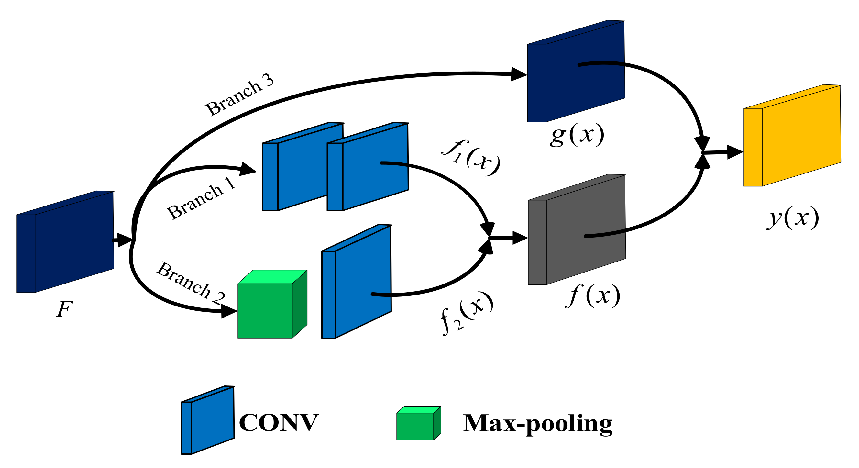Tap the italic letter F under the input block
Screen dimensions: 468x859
pyautogui.click(x=64, y=309)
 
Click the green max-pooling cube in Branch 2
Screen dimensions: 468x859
pyautogui.click(x=267, y=308)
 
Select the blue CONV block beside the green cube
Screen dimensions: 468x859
pyautogui.click(x=358, y=284)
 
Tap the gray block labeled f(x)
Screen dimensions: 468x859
pyautogui.click(x=580, y=233)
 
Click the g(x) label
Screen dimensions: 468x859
pyautogui.click(x=577, y=135)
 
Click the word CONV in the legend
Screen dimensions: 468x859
pyautogui.click(x=279, y=423)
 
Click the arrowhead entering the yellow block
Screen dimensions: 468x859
pyautogui.click(x=735, y=152)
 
